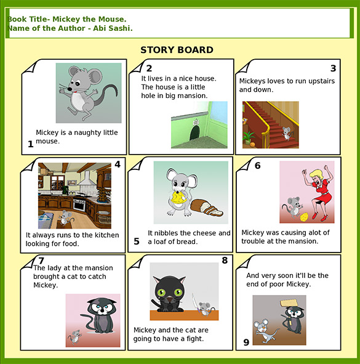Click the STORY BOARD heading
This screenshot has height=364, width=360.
tap(177, 51)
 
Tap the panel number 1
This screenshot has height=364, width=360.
tap(30, 145)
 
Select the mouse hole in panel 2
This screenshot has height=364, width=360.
tap(194, 132)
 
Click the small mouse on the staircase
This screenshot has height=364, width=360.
tap(286, 133)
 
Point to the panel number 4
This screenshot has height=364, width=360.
tap(118, 164)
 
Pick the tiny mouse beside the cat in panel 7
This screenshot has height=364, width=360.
tap(75, 336)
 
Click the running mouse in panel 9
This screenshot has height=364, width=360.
tap(263, 331)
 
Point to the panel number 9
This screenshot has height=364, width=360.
tap(246, 342)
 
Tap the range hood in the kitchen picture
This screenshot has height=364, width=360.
tap(87, 179)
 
